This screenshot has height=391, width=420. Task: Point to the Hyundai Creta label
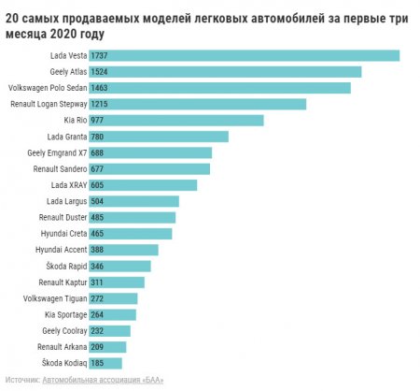[x=63, y=233]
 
